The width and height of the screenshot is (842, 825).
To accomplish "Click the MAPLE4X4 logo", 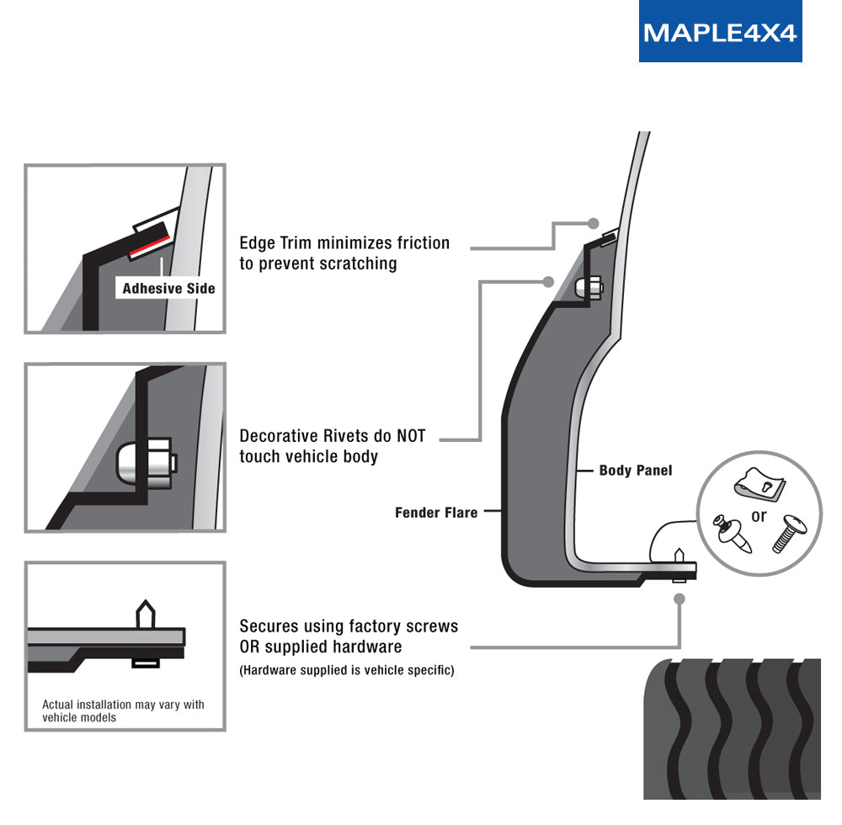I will click(x=720, y=32).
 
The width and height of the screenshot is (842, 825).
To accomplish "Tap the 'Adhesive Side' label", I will click(x=168, y=289).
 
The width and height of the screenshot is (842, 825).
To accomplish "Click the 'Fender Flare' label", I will click(x=436, y=513).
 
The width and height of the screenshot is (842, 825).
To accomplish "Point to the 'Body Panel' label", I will click(x=636, y=471).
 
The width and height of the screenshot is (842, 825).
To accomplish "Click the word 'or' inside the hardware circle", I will click(x=759, y=516).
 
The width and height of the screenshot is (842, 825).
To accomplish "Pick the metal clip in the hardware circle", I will click(x=758, y=484).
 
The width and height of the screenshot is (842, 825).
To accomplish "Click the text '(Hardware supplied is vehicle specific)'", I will click(x=347, y=671).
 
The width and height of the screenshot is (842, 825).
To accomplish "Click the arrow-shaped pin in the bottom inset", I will click(x=146, y=614).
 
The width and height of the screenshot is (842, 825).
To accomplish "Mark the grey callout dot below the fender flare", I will click(x=679, y=598).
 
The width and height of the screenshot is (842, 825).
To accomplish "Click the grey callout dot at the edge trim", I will click(x=594, y=223).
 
